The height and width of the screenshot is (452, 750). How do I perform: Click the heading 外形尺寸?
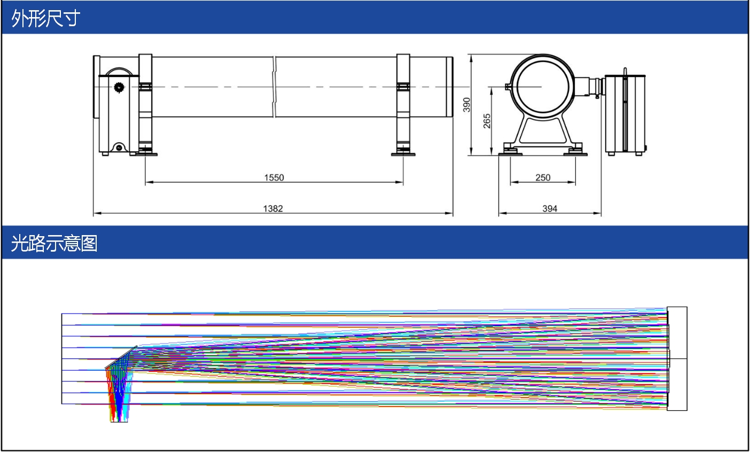click(45, 18)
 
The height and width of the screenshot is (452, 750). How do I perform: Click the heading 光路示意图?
click(54, 244)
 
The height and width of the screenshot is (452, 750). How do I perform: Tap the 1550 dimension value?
click(274, 177)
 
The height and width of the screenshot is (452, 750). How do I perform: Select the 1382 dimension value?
click(273, 208)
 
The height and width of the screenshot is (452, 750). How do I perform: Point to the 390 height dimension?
click(466, 105)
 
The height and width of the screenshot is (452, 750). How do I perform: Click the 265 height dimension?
click(487, 121)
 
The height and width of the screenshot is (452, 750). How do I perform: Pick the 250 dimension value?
click(543, 177)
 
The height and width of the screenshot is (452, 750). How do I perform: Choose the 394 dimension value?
click(550, 208)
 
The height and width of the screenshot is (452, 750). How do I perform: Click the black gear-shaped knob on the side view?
click(119, 88)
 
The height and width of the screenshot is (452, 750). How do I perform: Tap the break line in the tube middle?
click(274, 87)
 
